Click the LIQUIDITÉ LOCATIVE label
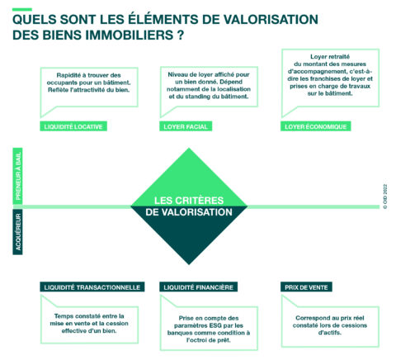pos(73,126)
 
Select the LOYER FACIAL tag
pos(186,126)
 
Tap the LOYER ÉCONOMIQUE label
pos(316,126)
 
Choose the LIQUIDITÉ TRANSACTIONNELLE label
pos(92,287)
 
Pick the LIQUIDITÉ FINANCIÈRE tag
pos(198,287)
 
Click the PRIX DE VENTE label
pos(306,287)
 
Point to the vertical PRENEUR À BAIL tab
pos(18,176)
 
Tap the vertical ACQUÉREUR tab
pos(18,232)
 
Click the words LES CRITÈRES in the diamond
pos(189,200)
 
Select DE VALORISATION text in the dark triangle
pos(189,212)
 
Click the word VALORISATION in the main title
pos(271,20)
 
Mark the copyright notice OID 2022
pos(385,197)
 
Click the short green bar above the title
pos(22,10)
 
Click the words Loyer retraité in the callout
pos(330,57)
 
